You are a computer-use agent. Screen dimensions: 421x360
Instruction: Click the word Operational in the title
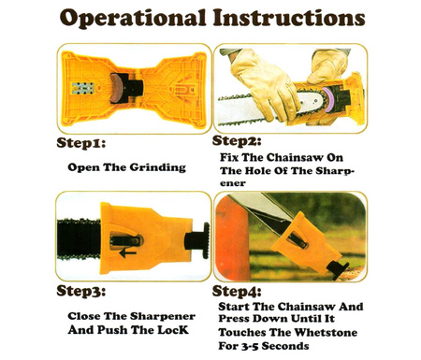pos(133,19)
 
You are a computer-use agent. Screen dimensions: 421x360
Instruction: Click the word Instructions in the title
pos(289,17)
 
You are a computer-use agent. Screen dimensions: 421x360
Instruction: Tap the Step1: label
pos(81,143)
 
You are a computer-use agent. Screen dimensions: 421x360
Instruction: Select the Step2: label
pos(237,141)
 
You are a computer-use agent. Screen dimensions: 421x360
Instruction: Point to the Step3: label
pos(81,291)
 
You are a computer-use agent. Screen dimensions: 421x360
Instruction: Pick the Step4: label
pos(237,291)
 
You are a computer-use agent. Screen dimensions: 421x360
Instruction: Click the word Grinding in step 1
pos(158,167)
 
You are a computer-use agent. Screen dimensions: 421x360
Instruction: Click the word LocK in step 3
pos(173,330)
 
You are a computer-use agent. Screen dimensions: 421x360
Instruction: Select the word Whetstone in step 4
pos(326,332)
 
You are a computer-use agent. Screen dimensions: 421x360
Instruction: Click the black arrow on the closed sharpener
pos(127,252)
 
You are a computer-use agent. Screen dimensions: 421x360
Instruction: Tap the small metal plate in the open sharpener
pos(83,88)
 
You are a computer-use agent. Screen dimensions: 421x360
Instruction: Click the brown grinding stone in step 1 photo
pos(115,88)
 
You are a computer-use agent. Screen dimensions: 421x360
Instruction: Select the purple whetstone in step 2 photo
pos(328,100)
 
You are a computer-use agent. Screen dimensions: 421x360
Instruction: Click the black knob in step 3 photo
pos(197,240)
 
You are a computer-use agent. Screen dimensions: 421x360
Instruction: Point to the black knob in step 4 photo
pos(337,270)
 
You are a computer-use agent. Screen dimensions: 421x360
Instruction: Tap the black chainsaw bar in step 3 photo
pos(79,239)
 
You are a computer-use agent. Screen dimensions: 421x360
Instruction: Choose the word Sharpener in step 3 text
pos(162,316)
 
